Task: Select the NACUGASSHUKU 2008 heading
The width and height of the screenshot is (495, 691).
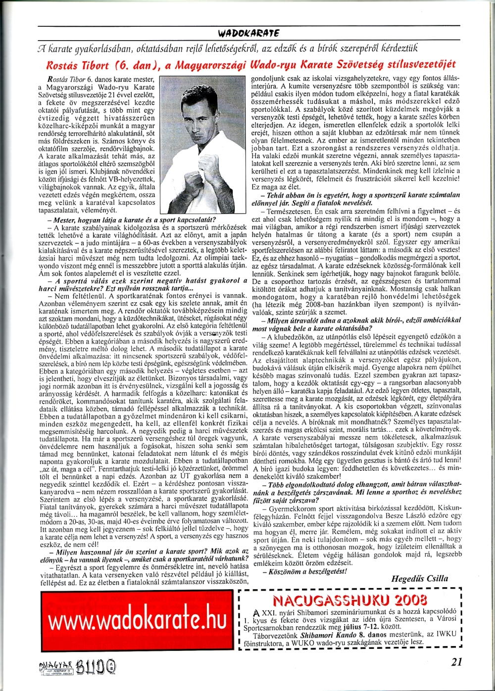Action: click(x=349, y=600)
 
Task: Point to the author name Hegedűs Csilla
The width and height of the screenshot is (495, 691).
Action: click(x=419, y=578)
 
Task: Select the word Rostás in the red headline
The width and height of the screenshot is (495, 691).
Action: click(x=61, y=65)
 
